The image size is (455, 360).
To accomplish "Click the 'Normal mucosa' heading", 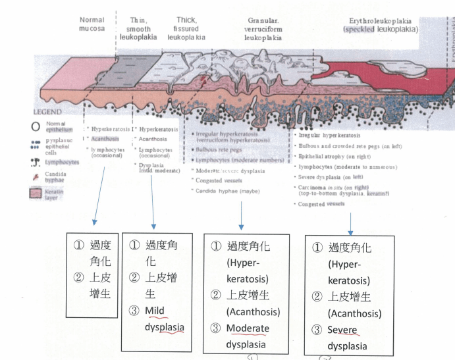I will click(x=92, y=24).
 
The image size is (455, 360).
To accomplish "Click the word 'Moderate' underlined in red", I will click(x=248, y=328).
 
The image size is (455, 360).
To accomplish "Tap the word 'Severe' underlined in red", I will click(x=344, y=329).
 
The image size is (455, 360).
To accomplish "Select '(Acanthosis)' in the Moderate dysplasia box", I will click(x=254, y=311).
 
